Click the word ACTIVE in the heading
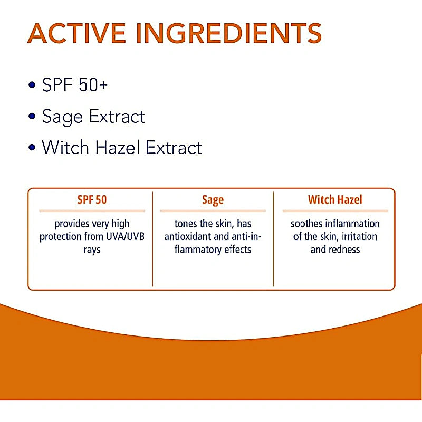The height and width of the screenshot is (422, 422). (77, 34)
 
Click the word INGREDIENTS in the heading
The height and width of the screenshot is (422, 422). (228, 34)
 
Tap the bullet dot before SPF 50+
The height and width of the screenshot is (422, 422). (33, 84)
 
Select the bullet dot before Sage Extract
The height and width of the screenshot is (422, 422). (33, 116)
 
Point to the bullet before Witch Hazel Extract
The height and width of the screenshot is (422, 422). (33, 147)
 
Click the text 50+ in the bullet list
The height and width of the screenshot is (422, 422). (93, 84)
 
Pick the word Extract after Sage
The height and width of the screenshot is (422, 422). (119, 116)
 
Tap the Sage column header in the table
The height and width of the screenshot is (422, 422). (213, 200)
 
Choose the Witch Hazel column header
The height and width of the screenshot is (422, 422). (335, 200)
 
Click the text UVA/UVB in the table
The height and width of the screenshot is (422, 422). (110, 236)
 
